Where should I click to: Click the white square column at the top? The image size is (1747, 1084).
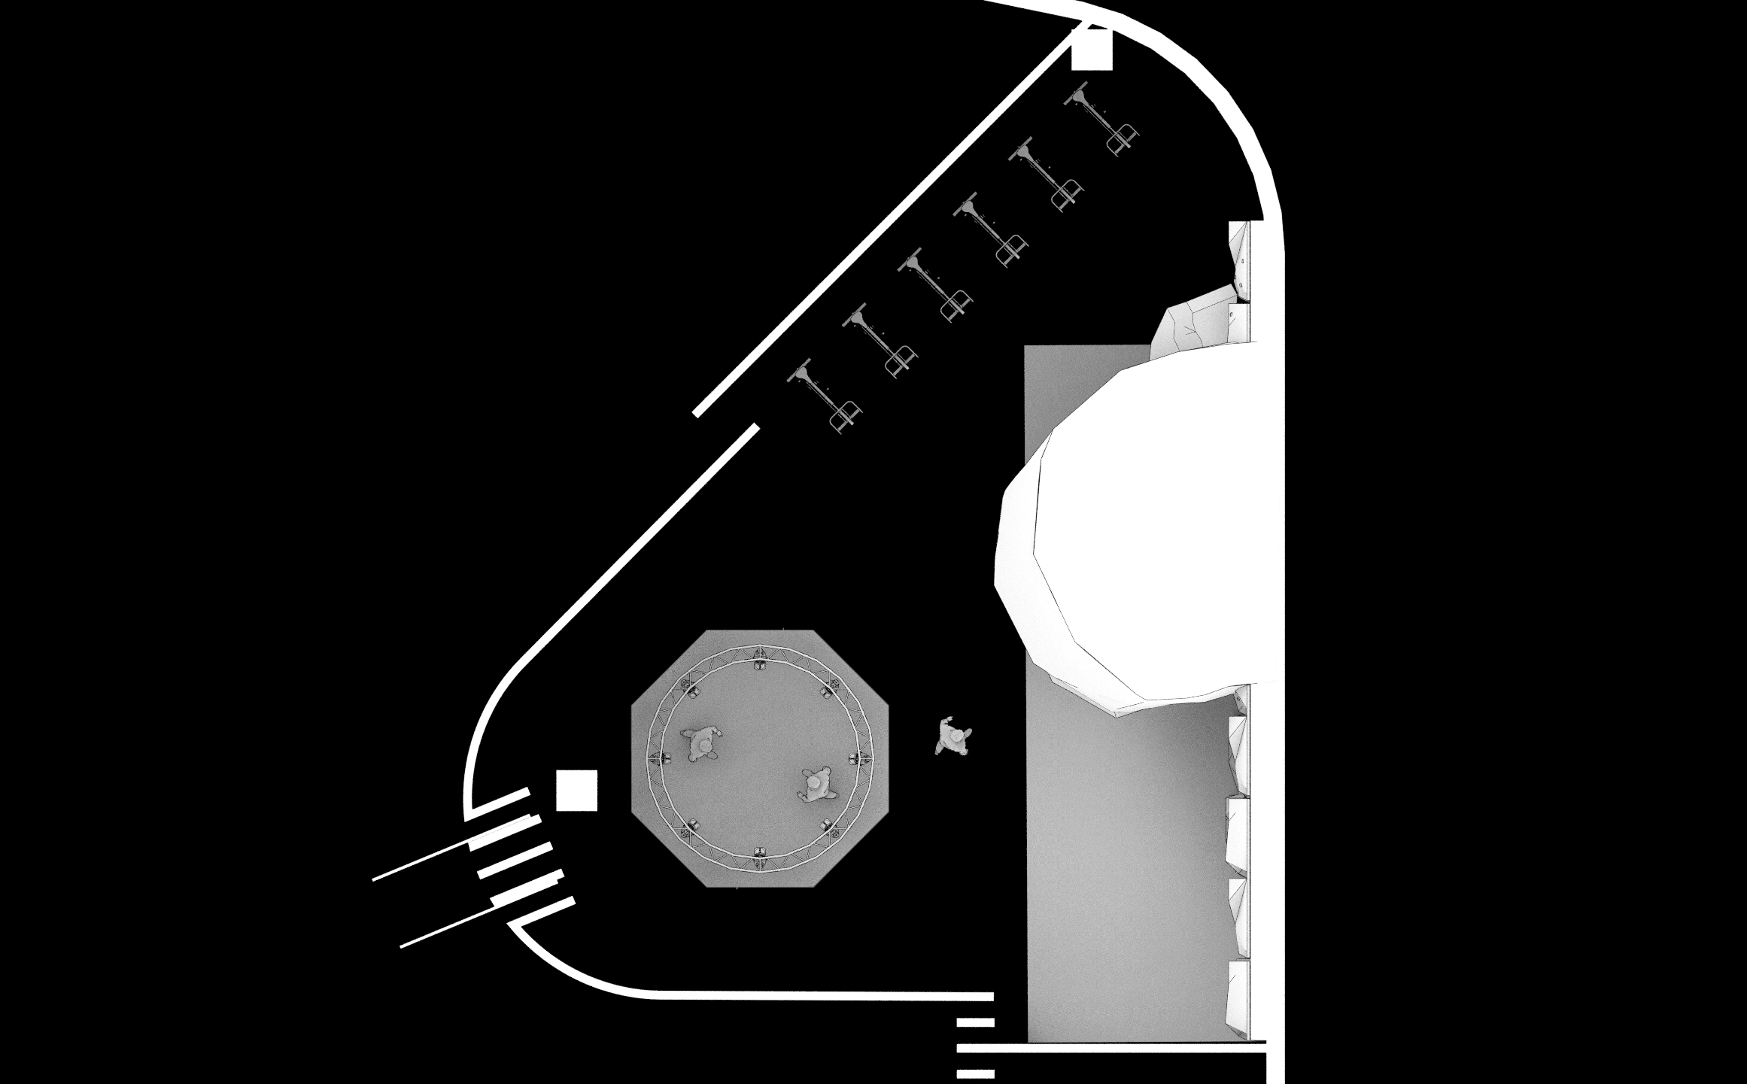(1091, 50)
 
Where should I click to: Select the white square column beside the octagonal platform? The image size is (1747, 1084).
(576, 790)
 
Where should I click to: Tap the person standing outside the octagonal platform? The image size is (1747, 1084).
(952, 736)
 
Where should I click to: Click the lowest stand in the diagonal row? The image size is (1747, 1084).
(824, 395)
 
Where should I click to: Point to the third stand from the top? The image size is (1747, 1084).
(989, 229)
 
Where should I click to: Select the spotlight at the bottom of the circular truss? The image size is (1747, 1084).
(760, 852)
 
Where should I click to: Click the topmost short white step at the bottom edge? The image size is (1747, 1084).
(975, 1022)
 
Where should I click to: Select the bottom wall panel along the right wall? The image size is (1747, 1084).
(1238, 997)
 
